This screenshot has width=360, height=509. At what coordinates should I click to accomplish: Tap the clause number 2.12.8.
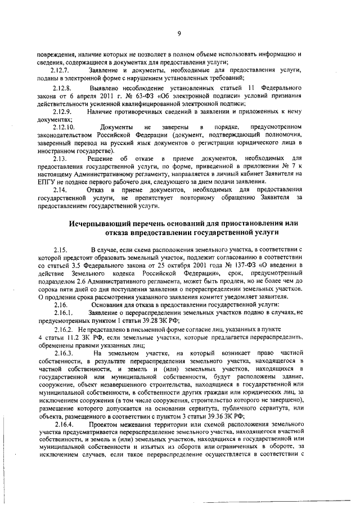60,89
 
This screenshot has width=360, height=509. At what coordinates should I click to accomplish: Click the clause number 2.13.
58,159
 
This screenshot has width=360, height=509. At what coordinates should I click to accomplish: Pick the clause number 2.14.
58,190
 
